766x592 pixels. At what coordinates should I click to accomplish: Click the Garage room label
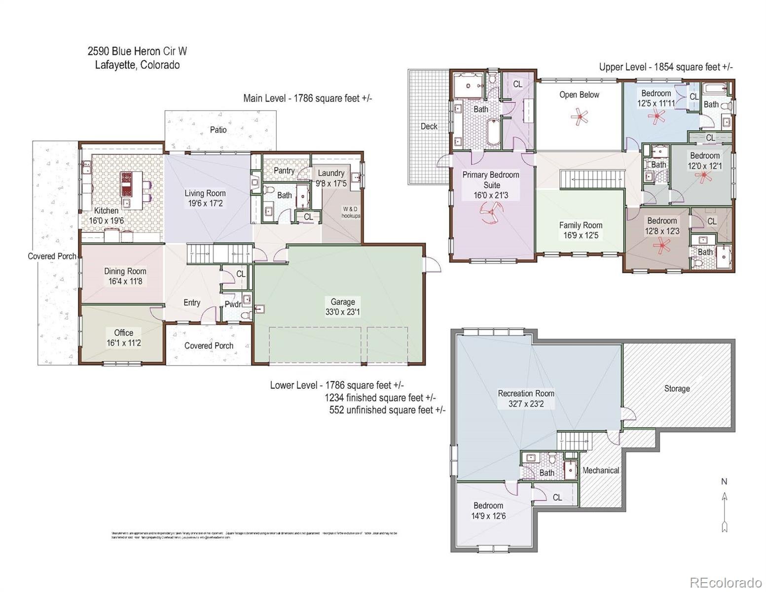click(342, 301)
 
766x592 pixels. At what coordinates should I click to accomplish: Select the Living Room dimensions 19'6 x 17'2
click(205, 203)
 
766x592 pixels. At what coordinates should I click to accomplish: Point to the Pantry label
click(284, 170)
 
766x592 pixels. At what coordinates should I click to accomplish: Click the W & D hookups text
click(351, 212)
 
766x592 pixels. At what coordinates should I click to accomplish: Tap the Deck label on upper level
click(429, 126)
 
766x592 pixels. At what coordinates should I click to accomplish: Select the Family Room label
click(581, 225)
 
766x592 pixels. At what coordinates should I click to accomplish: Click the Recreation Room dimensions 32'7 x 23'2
click(526, 404)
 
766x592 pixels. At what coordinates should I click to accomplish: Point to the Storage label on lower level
click(677, 389)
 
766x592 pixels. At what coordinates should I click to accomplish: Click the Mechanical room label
click(600, 470)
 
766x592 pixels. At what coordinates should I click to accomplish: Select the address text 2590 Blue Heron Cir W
click(137, 51)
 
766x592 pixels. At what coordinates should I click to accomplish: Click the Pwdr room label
click(233, 304)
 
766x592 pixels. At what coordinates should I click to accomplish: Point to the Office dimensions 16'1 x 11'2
click(124, 343)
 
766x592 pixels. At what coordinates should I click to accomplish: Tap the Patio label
click(218, 130)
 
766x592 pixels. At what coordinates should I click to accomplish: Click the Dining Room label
click(125, 271)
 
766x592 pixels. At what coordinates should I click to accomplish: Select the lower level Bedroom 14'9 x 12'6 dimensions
click(488, 516)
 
